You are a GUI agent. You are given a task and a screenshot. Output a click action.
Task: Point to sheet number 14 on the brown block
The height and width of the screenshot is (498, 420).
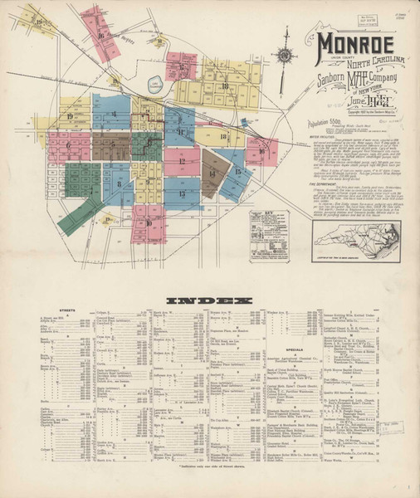tap(212, 173)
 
